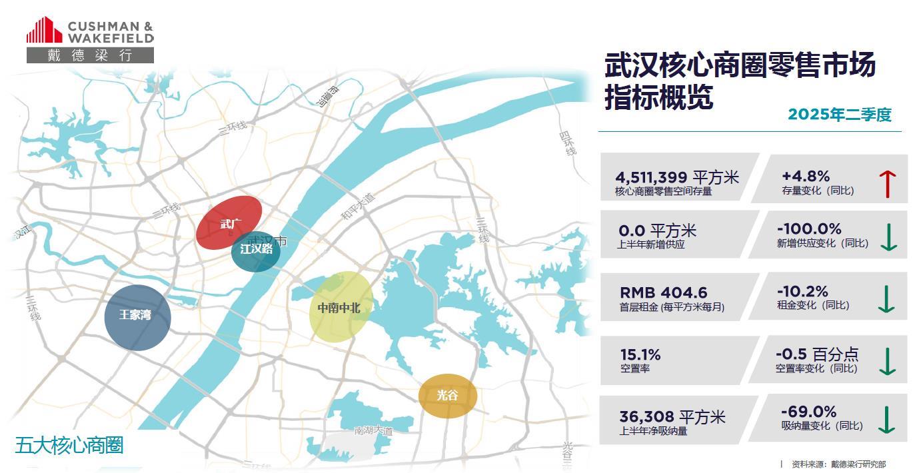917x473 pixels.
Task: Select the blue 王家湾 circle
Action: (x=137, y=317)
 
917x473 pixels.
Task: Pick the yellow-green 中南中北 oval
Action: (x=340, y=306)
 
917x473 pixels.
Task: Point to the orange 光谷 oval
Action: (x=448, y=396)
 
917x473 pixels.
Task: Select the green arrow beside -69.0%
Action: (x=886, y=420)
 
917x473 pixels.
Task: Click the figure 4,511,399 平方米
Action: (x=677, y=177)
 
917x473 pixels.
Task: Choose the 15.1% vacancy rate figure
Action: (x=640, y=355)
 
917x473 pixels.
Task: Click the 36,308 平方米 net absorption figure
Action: (x=672, y=418)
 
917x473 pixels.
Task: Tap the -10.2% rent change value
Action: (x=802, y=292)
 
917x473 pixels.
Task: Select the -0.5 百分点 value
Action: (x=817, y=354)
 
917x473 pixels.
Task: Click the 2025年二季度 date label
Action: (x=839, y=115)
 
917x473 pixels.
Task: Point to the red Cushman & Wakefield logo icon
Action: (x=44, y=30)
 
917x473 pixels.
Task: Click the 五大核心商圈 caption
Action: (x=69, y=445)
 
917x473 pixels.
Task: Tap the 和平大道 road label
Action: (x=358, y=205)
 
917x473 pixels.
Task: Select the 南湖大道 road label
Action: (x=373, y=430)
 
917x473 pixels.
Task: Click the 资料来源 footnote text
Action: (x=838, y=464)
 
